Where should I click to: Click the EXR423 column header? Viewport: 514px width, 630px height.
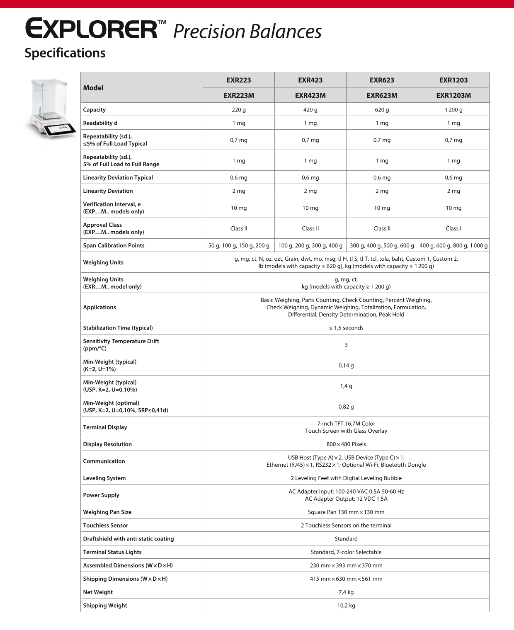pos(310,80)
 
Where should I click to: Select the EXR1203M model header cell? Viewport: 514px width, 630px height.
pos(453,95)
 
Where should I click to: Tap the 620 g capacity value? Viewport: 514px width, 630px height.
pos(382,110)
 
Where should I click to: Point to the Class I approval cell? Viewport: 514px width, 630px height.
pos(453,228)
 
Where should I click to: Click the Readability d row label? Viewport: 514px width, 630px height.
pos(100,123)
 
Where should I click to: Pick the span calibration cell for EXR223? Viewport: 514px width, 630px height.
pos(239,245)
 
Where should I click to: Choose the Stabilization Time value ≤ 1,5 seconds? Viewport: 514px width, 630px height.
pos(346,328)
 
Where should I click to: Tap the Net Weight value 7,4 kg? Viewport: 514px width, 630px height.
pos(346,592)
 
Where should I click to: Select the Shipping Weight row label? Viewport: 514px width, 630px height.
pos(105,606)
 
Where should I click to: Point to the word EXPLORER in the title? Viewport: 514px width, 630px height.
pos(91,29)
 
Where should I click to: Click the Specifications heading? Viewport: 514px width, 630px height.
pos(65,53)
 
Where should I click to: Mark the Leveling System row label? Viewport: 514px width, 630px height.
pos(104,478)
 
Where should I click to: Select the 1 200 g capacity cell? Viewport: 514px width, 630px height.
pos(453,110)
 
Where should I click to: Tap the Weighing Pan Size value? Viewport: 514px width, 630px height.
pos(346,512)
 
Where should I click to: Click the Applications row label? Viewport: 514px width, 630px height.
pos(99,307)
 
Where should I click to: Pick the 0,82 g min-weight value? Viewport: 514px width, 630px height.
pos(346,407)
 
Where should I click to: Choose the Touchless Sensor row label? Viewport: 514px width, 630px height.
pos(106,526)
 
